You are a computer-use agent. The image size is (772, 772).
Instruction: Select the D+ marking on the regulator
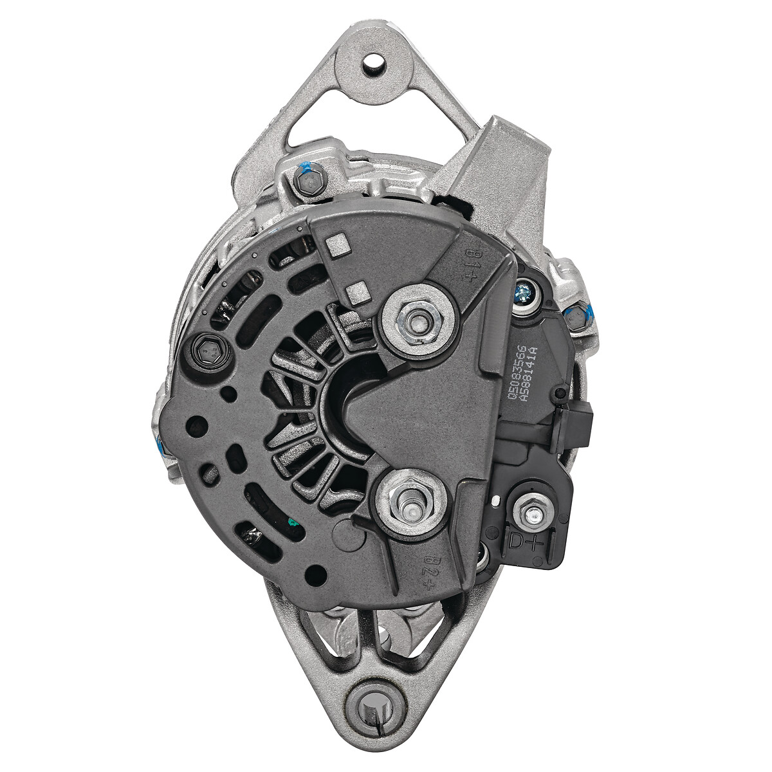(526, 540)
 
